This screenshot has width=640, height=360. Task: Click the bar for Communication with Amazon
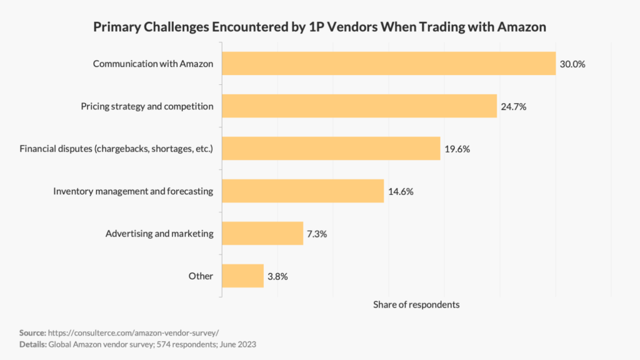389,64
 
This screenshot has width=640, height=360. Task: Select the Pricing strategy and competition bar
359,106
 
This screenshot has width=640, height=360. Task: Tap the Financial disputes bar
331,149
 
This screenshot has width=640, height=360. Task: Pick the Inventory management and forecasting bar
302,191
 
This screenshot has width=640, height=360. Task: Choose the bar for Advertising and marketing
262,233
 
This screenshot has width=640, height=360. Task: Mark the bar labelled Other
242,276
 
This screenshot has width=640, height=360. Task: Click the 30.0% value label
572,64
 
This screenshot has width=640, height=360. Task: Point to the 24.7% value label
514,107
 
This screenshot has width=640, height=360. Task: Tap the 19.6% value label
457,149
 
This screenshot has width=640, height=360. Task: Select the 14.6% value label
401,192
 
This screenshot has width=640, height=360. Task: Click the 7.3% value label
317,234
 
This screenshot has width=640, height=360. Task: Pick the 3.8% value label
277,276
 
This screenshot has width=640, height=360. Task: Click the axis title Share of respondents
416,304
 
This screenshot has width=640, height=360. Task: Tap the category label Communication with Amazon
153,64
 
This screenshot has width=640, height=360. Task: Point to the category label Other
201,276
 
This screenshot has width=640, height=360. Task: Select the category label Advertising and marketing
159,233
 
